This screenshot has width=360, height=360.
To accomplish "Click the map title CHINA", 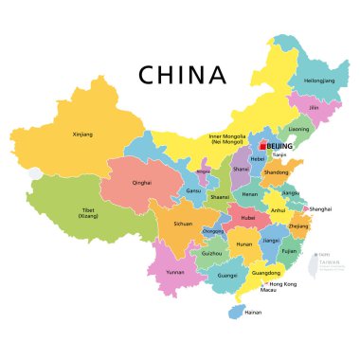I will click(x=182, y=74).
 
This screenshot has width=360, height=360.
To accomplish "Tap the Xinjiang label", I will click(x=83, y=135).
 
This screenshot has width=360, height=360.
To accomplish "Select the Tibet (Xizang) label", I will click(x=88, y=212).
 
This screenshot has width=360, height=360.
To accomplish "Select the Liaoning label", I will click(x=298, y=129).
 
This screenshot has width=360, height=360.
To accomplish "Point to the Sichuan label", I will click(x=183, y=225).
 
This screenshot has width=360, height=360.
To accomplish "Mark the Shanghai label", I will click(x=320, y=207).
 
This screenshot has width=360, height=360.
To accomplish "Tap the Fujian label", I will click(x=290, y=251).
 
